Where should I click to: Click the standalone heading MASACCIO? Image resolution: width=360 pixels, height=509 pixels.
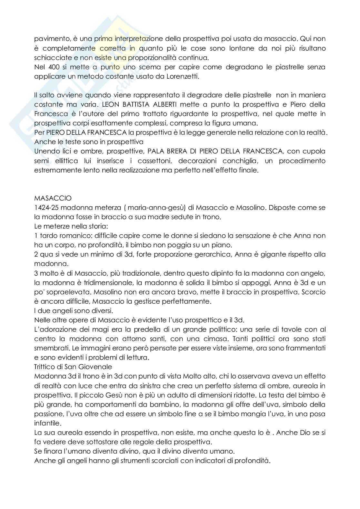(53, 198)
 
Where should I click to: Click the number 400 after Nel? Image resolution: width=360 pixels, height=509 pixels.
(51, 67)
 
